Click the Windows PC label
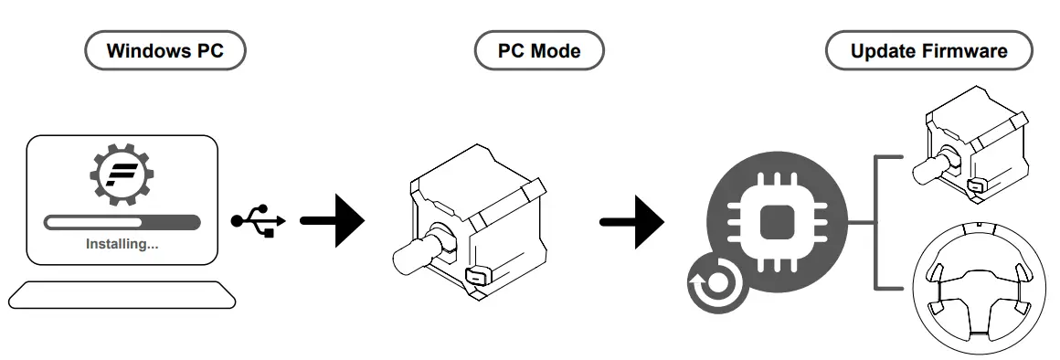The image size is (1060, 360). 165,50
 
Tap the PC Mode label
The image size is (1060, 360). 539,50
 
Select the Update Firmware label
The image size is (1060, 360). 928,50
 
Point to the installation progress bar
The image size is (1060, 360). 122,221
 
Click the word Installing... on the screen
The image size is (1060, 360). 122,244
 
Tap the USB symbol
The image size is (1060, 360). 258,221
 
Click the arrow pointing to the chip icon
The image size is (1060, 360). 631,221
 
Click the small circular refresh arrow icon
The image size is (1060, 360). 715,284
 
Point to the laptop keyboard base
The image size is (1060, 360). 122,294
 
